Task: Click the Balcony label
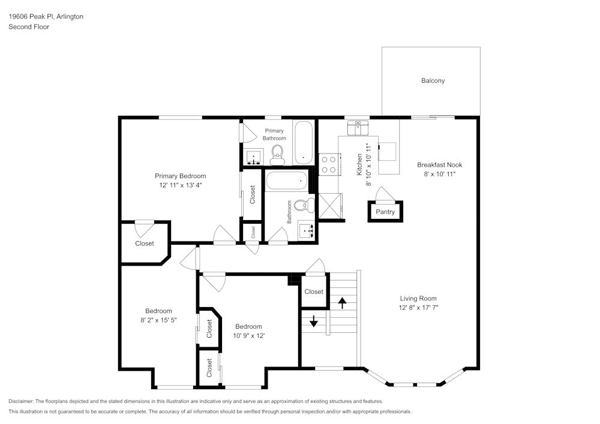[x=433, y=81]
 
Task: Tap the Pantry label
[x=385, y=212]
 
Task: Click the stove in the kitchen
[x=328, y=164]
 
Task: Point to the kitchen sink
[x=358, y=127]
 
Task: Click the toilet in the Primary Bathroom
[x=277, y=155]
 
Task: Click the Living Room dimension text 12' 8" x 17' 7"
[x=418, y=307]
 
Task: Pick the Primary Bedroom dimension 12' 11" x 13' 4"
[x=180, y=185]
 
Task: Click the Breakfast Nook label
[x=440, y=165]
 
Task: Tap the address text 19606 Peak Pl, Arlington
[x=46, y=17]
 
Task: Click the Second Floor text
[x=29, y=27]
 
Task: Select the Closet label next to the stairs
[x=314, y=292]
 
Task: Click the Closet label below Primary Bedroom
[x=144, y=243]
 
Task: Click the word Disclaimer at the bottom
[x=22, y=401]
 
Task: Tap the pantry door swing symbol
[x=384, y=194]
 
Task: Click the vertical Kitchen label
[x=359, y=164]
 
